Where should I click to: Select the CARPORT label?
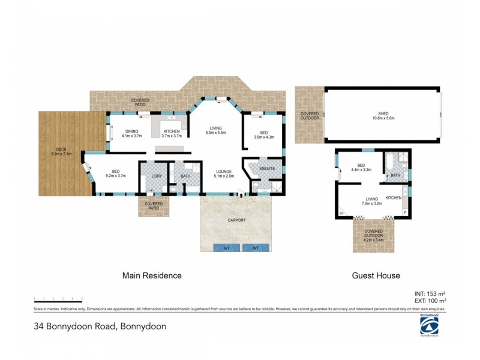click(236, 220)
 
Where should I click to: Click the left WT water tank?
click(226, 247)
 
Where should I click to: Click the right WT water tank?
click(256, 247)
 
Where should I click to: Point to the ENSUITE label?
click(268, 169)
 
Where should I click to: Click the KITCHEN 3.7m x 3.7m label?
click(172, 134)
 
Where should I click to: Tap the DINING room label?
click(131, 134)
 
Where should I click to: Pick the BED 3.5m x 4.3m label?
click(264, 136)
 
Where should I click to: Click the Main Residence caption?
click(152, 276)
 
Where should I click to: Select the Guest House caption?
click(375, 276)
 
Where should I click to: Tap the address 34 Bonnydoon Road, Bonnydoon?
click(100, 327)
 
